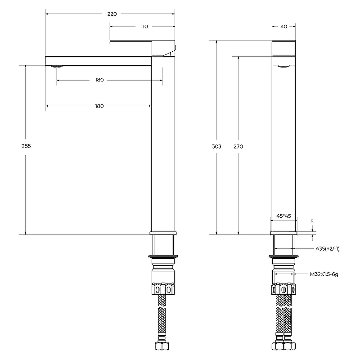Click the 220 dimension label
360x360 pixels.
(112, 14)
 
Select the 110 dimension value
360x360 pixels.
(144, 27)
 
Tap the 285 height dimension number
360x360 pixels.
(26, 146)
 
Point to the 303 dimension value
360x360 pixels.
(216, 147)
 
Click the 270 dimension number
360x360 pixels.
(238, 147)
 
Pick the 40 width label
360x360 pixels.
(284, 27)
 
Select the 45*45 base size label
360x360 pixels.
(284, 216)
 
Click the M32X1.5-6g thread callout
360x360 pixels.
(324, 274)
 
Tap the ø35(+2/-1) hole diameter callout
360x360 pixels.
(328, 249)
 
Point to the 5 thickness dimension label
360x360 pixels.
(312, 221)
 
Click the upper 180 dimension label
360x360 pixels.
(99, 80)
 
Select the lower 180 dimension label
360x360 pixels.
(99, 106)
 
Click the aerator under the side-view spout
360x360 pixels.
(57, 66)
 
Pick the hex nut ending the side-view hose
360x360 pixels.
(162, 346)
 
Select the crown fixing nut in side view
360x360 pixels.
(163, 288)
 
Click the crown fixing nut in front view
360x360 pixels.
(284, 289)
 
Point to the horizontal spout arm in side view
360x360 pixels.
(98, 61)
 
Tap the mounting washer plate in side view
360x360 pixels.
(163, 256)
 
